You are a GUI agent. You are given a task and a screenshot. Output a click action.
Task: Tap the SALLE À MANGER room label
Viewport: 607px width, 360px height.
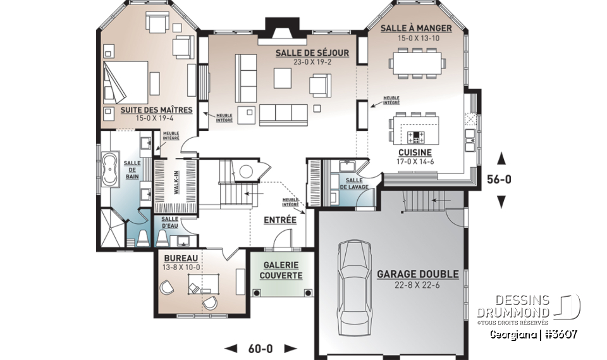[x=415, y=28]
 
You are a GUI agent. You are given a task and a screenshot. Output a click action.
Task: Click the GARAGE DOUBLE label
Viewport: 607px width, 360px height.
[x=417, y=275]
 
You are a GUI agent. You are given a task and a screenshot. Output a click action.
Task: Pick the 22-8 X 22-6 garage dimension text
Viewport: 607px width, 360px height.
[x=417, y=285]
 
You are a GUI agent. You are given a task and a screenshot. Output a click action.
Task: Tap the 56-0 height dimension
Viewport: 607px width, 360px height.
[x=500, y=179]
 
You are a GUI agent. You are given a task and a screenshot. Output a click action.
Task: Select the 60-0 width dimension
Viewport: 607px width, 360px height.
[x=261, y=349]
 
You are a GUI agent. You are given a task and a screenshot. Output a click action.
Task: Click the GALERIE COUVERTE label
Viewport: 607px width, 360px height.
[x=281, y=270]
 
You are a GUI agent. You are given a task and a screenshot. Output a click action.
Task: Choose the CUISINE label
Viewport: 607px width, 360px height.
[x=415, y=152]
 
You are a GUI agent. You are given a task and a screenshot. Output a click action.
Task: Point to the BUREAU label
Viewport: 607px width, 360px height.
[x=180, y=258]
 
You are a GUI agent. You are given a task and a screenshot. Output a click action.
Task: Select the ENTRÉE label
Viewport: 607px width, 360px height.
[x=280, y=220]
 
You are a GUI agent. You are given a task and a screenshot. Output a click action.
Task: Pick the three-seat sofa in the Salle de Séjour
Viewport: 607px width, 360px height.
[x=283, y=114]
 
